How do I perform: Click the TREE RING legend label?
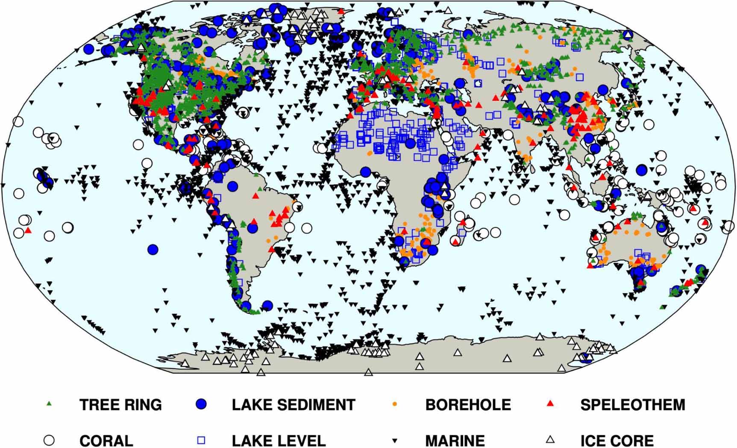[120, 404]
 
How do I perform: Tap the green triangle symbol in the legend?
[49, 403]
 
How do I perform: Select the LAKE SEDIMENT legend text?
[294, 404]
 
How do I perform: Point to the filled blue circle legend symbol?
[201, 404]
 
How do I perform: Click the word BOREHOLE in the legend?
[468, 404]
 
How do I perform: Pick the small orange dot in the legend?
[395, 404]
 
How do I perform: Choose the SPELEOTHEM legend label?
[632, 404]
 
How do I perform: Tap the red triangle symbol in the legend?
[551, 403]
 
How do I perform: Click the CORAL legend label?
[106, 440]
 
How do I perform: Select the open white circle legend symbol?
[50, 440]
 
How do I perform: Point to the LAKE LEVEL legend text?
[279, 440]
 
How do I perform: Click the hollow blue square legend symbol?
[201, 440]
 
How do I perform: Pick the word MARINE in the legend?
[455, 440]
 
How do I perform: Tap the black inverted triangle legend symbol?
[395, 440]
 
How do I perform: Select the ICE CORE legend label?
[617, 440]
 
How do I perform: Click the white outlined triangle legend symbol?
[551, 439]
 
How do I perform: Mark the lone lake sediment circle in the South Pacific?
[153, 249]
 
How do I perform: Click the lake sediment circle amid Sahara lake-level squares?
[410, 144]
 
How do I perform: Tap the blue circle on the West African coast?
[365, 172]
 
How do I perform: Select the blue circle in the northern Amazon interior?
[232, 186]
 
